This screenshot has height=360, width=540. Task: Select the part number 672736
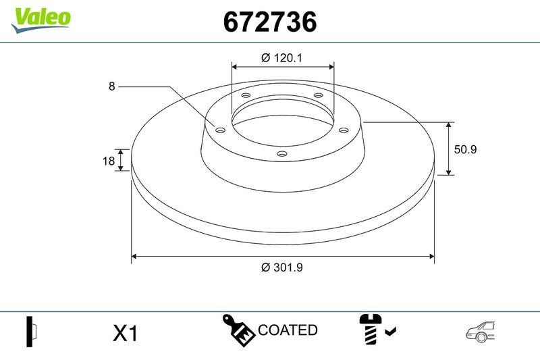coord(269,22)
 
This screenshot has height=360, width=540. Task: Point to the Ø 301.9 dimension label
coord(281,267)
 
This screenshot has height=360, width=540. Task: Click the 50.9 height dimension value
coord(465,149)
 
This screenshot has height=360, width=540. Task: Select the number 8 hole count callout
coord(111,86)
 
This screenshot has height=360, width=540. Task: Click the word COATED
coord(288,330)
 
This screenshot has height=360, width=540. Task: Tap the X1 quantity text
coord(125,333)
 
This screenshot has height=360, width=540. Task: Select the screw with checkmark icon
coord(375,330)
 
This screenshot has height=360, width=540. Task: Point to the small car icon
coord(481,331)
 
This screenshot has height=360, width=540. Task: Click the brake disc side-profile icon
coord(31,332)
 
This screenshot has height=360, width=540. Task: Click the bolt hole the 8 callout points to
coord(219,130)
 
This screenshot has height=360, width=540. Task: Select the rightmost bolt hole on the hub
coord(342,130)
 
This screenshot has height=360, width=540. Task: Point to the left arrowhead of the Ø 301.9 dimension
coord(134,257)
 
